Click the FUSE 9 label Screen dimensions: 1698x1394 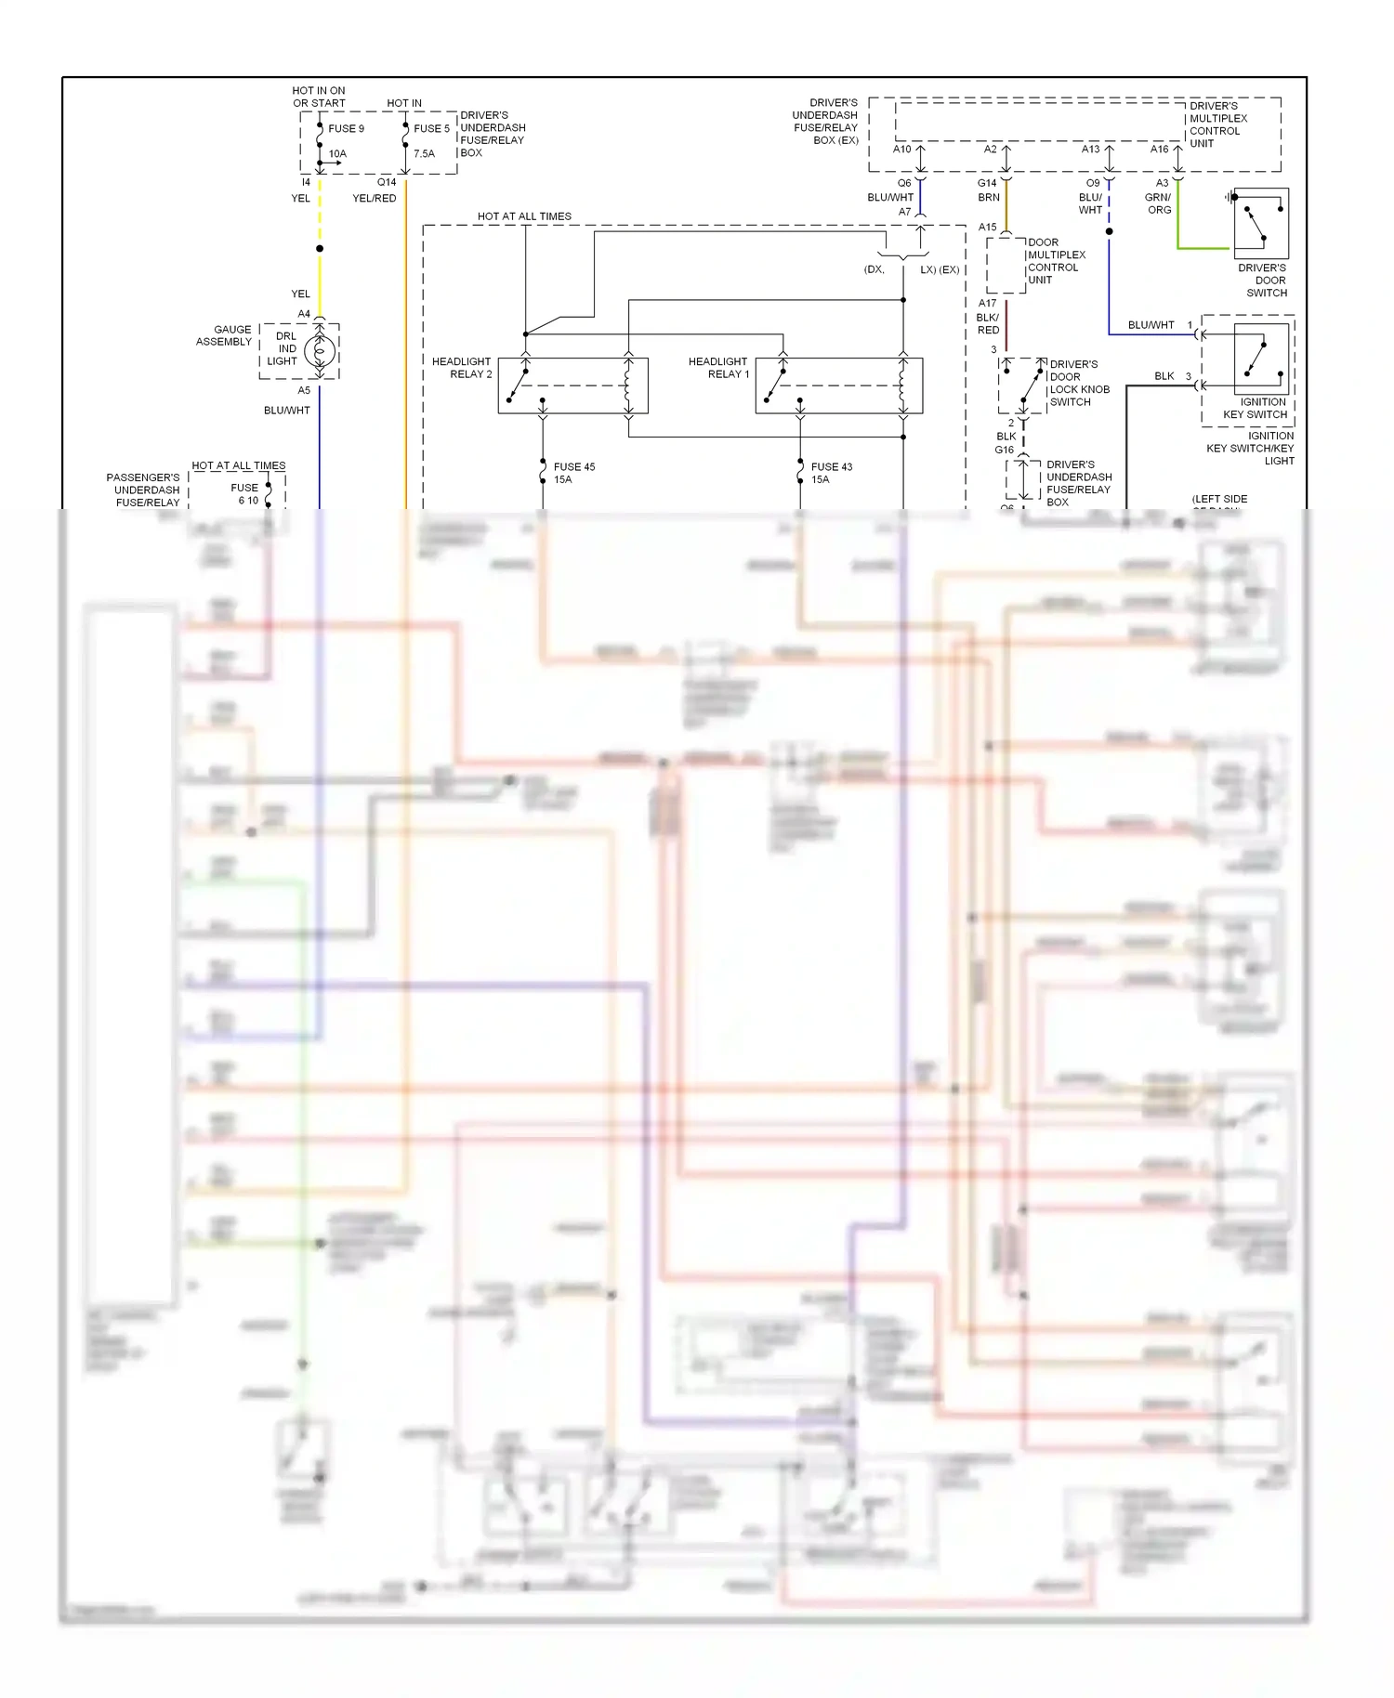point(346,129)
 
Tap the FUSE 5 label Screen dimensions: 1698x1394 point(431,129)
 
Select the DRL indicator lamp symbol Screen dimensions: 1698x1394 point(320,351)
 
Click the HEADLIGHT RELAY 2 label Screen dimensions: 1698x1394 point(462,368)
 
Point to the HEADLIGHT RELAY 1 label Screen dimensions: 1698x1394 point(718,368)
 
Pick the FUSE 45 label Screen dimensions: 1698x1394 point(573,473)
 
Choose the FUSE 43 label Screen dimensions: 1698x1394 point(831,473)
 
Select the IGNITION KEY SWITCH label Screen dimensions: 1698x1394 point(1256,409)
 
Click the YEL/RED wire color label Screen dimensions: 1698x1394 point(375,199)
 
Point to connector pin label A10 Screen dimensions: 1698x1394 point(902,150)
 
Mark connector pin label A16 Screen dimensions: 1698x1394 point(1160,150)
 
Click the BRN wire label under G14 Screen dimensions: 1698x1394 point(989,198)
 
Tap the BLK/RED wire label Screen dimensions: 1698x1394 point(988,324)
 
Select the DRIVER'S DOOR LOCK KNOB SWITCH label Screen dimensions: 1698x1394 point(1079,384)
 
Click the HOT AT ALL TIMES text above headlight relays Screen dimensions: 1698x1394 point(524,216)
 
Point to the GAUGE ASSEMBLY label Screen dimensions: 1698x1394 point(225,335)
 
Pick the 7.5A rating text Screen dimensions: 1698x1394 point(424,154)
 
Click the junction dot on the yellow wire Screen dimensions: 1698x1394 point(320,249)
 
